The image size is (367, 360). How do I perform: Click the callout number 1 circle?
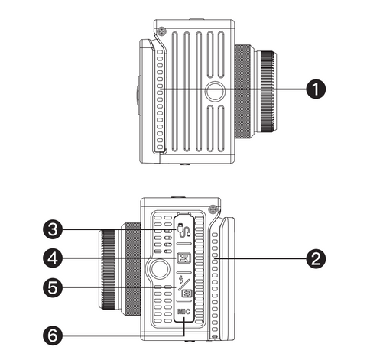point(316,89)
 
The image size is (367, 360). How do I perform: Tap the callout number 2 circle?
point(316,259)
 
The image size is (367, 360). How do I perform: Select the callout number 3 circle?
point(53,229)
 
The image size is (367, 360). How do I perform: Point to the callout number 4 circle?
point(53,259)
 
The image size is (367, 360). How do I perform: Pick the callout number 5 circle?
point(53,287)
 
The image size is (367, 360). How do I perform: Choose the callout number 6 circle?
point(53,336)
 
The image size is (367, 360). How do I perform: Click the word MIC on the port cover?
point(183,311)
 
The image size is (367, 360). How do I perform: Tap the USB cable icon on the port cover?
point(183,230)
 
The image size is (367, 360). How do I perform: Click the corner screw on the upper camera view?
point(161,31)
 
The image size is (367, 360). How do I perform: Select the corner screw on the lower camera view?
point(213,209)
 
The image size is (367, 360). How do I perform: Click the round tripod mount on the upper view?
point(215,91)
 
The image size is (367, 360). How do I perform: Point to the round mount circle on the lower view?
point(160,269)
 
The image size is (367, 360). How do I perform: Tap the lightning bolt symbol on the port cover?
point(182,280)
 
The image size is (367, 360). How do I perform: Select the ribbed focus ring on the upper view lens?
point(268,92)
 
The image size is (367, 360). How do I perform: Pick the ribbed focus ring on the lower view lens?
point(108,269)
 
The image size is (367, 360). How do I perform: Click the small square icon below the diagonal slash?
point(187,294)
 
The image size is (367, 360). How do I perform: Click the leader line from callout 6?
point(121,336)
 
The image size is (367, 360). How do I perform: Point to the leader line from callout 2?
point(260,259)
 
